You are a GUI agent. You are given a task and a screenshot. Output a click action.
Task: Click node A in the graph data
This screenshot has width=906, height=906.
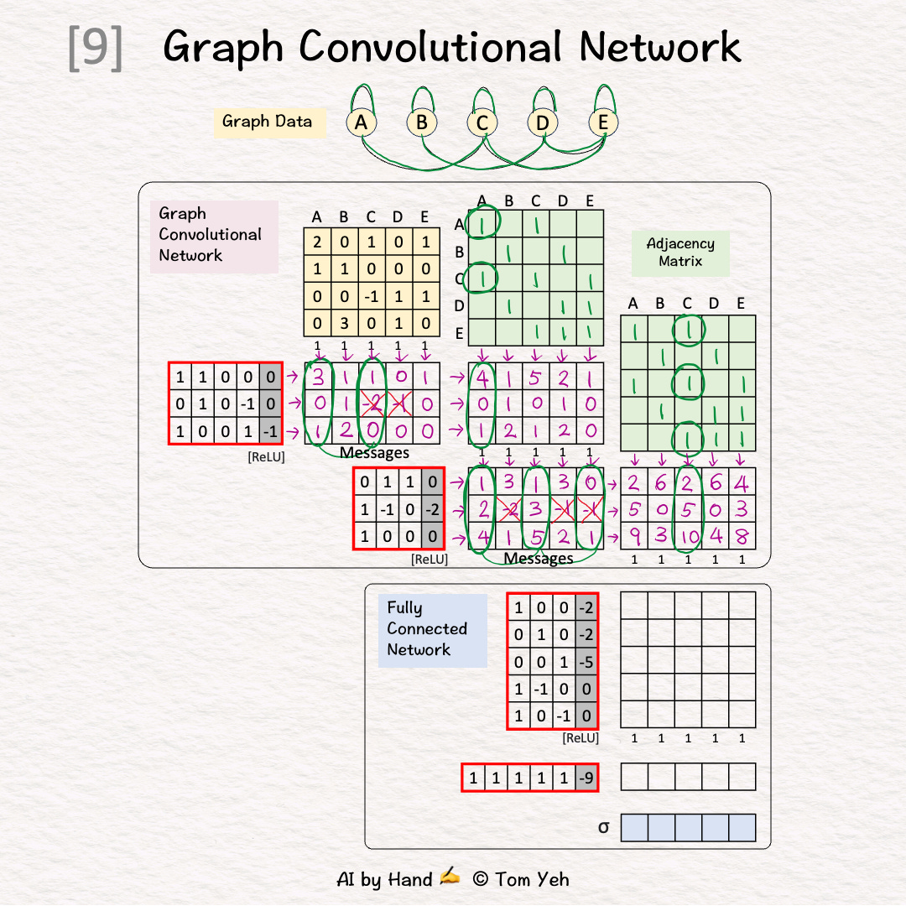pyautogui.click(x=361, y=122)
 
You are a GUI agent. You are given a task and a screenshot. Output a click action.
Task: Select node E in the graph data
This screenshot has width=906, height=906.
pyautogui.click(x=602, y=122)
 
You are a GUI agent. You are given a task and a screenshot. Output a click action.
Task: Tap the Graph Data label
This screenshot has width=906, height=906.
pyautogui.click(x=267, y=122)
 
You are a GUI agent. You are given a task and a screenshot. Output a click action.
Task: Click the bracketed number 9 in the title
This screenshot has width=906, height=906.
pyautogui.click(x=95, y=49)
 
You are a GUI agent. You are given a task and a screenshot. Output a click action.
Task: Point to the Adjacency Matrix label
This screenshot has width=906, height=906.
pyautogui.click(x=680, y=253)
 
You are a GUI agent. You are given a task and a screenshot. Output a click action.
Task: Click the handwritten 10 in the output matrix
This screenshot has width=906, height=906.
pyautogui.click(x=688, y=536)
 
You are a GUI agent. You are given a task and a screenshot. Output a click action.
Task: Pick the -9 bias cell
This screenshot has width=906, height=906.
pyautogui.click(x=587, y=778)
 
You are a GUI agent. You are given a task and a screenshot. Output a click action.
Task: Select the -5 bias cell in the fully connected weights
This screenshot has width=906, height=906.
pyautogui.click(x=587, y=662)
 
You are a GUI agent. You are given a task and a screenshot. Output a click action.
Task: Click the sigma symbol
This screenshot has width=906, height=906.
pyautogui.click(x=603, y=828)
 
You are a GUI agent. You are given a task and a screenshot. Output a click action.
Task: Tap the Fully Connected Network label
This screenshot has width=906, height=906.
pyautogui.click(x=427, y=629)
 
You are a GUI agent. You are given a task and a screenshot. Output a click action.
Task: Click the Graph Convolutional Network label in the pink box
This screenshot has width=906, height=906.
pyautogui.click(x=211, y=235)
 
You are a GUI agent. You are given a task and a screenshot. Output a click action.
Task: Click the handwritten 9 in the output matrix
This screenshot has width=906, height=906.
pyautogui.click(x=634, y=536)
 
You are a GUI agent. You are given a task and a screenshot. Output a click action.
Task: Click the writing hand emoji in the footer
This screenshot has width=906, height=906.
pyautogui.click(x=450, y=877)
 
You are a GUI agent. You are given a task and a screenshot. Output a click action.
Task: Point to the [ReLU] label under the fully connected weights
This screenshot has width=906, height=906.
pyautogui.click(x=581, y=738)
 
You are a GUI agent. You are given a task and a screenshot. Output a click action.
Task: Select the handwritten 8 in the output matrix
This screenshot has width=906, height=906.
pyautogui.click(x=742, y=536)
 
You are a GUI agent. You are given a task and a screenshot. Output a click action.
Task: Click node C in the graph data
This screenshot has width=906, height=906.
pyautogui.click(x=482, y=122)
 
